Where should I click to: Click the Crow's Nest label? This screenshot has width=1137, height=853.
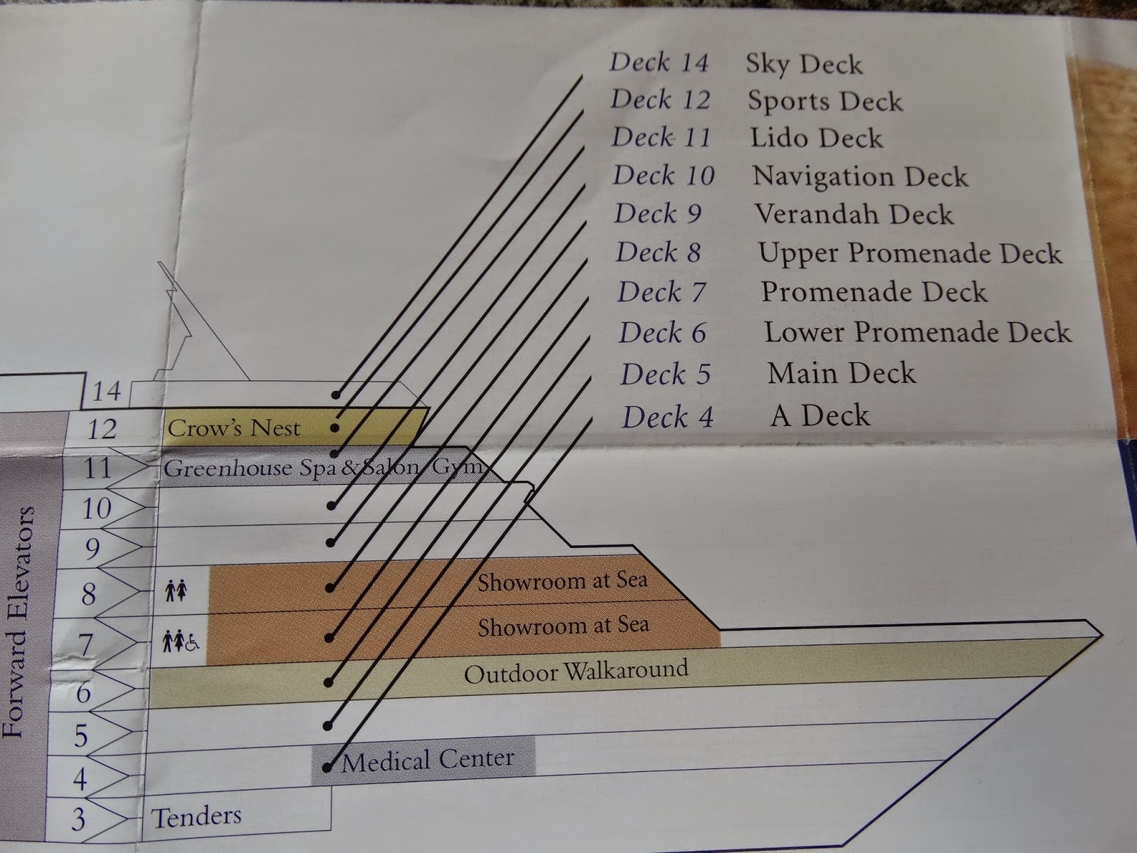coord(234,429)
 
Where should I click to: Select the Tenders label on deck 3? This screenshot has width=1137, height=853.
coord(196,817)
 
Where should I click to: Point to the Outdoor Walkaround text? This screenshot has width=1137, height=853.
coord(576,672)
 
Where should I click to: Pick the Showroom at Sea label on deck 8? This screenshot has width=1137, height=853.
coord(563,581)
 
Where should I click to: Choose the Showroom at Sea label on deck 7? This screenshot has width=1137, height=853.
coord(563,626)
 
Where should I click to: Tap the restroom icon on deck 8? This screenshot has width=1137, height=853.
coord(176,591)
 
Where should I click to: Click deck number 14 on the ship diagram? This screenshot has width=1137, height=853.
coord(106,391)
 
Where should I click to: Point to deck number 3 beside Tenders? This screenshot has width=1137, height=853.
coord(78,819)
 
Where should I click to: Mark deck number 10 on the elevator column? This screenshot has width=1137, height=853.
coord(97,508)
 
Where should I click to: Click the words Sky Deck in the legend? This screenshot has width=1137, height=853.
coord(804,65)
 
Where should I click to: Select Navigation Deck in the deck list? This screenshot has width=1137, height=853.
coord(860,176)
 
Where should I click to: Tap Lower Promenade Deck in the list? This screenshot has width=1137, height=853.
coord(917,332)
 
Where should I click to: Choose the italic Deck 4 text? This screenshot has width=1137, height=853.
coord(667,417)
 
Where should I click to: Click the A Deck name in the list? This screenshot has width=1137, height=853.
coord(820,415)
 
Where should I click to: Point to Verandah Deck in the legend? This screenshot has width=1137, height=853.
coord(854,214)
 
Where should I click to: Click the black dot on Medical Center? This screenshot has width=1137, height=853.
coord(327,767)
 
